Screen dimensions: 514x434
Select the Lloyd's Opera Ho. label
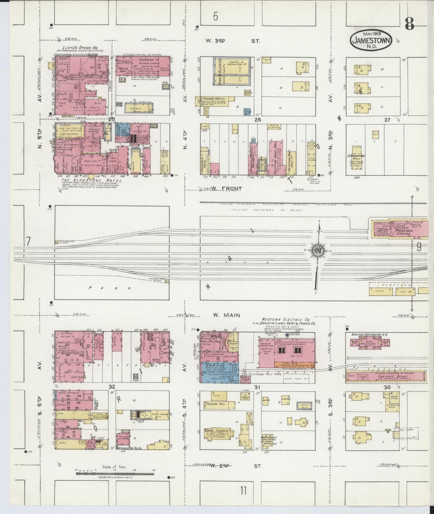(x=80, y=48)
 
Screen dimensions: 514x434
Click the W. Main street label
(x=226, y=315)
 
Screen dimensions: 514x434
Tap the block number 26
(x=257, y=120)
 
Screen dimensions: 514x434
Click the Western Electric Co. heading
(x=285, y=319)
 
